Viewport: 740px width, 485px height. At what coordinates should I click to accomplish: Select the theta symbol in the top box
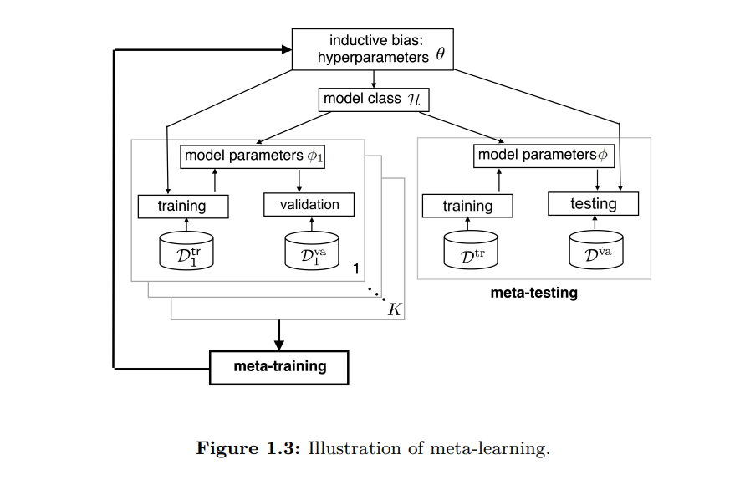coord(441,56)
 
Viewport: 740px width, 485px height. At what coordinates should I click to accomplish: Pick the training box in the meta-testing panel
coord(467,206)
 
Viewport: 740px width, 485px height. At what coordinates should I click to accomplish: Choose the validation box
coord(309,205)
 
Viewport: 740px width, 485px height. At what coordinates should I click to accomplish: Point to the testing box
coord(593,204)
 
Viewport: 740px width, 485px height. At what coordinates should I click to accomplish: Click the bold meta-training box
coord(278,366)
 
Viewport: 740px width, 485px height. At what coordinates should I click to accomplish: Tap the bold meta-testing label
coord(533,294)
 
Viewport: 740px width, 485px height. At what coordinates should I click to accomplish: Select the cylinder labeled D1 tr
coord(186,251)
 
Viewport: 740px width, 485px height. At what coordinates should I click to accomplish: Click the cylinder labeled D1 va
coord(312,251)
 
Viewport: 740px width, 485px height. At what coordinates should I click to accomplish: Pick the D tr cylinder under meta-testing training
coord(470,251)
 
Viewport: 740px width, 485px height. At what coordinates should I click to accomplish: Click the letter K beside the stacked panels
coord(395,310)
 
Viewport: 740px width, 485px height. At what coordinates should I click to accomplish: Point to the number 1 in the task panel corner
coord(355,269)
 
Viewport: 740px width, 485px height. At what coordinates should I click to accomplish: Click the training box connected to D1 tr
coord(181,206)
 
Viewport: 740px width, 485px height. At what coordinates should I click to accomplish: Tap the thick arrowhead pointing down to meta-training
coord(279,345)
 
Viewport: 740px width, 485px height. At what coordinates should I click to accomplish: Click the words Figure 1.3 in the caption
coord(248,448)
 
